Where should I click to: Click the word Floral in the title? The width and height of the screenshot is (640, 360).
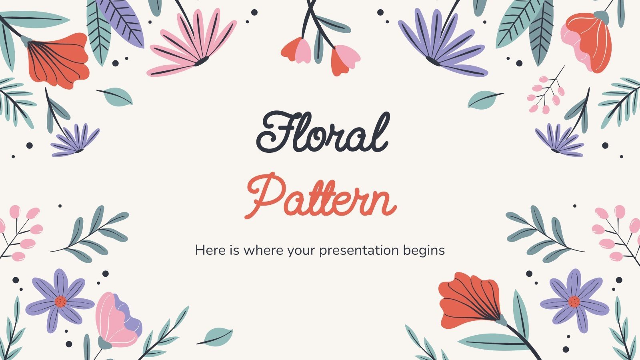pyautogui.click(x=322, y=132)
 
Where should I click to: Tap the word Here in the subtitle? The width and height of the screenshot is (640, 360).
pyautogui.click(x=209, y=250)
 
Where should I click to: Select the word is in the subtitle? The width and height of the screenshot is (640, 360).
pyautogui.click(x=234, y=250)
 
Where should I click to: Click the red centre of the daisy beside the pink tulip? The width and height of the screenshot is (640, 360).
pyautogui.click(x=60, y=301)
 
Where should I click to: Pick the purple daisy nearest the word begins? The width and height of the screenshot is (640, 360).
pyautogui.click(x=574, y=301)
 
